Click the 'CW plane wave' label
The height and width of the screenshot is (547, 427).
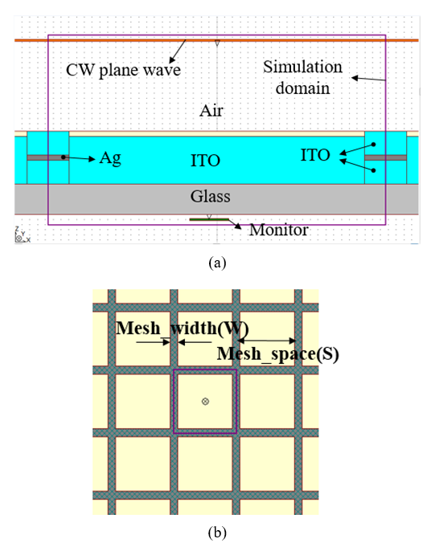click(x=123, y=70)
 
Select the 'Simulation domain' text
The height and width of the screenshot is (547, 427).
click(x=302, y=77)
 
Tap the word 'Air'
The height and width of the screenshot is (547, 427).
click(x=211, y=111)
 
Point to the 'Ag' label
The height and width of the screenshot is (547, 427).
click(x=110, y=159)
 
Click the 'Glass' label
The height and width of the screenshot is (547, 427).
click(x=210, y=196)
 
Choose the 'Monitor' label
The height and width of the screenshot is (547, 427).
click(x=278, y=230)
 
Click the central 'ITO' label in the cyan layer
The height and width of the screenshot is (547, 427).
click(x=205, y=161)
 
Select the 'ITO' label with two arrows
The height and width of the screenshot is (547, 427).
click(x=315, y=155)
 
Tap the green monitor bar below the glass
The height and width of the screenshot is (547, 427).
click(x=209, y=219)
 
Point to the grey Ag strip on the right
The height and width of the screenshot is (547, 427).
click(x=385, y=157)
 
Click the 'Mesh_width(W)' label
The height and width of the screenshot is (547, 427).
click(x=182, y=329)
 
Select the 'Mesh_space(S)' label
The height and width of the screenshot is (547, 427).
click(x=278, y=353)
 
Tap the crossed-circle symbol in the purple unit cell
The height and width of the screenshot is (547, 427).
click(x=205, y=401)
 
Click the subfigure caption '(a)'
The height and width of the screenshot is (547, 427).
click(x=217, y=263)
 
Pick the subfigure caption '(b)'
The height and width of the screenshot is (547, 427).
click(x=217, y=533)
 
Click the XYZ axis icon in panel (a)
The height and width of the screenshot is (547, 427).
click(x=22, y=235)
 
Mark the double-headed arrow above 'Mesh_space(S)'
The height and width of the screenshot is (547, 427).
click(x=267, y=341)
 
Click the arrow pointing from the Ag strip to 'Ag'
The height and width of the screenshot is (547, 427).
click(x=79, y=158)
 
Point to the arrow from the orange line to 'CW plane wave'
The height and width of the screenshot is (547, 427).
click(x=178, y=51)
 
